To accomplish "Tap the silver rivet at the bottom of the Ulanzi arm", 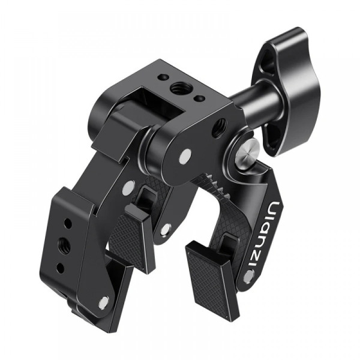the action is (x=249, y=276).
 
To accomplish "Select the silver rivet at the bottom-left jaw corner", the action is (x=104, y=302).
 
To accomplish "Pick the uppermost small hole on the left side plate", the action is (x=68, y=223).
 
